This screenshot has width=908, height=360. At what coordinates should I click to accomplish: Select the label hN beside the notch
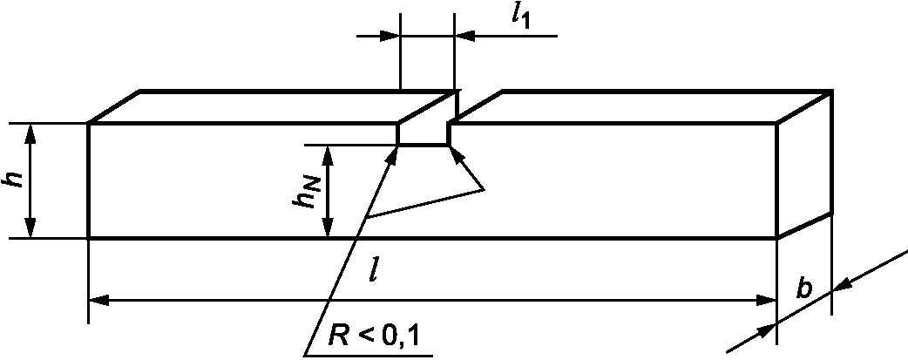click(305, 192)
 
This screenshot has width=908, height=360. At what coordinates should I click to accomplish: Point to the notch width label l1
click(522, 16)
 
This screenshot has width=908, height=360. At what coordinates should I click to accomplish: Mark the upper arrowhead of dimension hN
click(328, 155)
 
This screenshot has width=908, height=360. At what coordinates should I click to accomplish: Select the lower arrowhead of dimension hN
click(328, 228)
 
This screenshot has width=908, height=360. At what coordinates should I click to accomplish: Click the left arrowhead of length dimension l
click(98, 300)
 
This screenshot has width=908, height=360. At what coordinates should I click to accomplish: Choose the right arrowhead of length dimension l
click(766, 300)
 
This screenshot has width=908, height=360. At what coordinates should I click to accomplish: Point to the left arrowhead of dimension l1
click(390, 36)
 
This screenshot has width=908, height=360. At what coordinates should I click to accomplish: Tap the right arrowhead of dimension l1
click(465, 36)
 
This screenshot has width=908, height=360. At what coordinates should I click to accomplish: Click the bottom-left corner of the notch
click(398, 145)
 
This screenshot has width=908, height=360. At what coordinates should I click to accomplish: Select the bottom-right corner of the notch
click(449, 145)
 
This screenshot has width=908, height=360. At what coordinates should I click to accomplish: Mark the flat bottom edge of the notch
click(424, 145)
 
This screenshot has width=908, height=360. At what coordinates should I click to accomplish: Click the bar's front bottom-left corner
click(89, 238)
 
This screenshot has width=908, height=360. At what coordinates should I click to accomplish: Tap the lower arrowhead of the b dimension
click(767, 331)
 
